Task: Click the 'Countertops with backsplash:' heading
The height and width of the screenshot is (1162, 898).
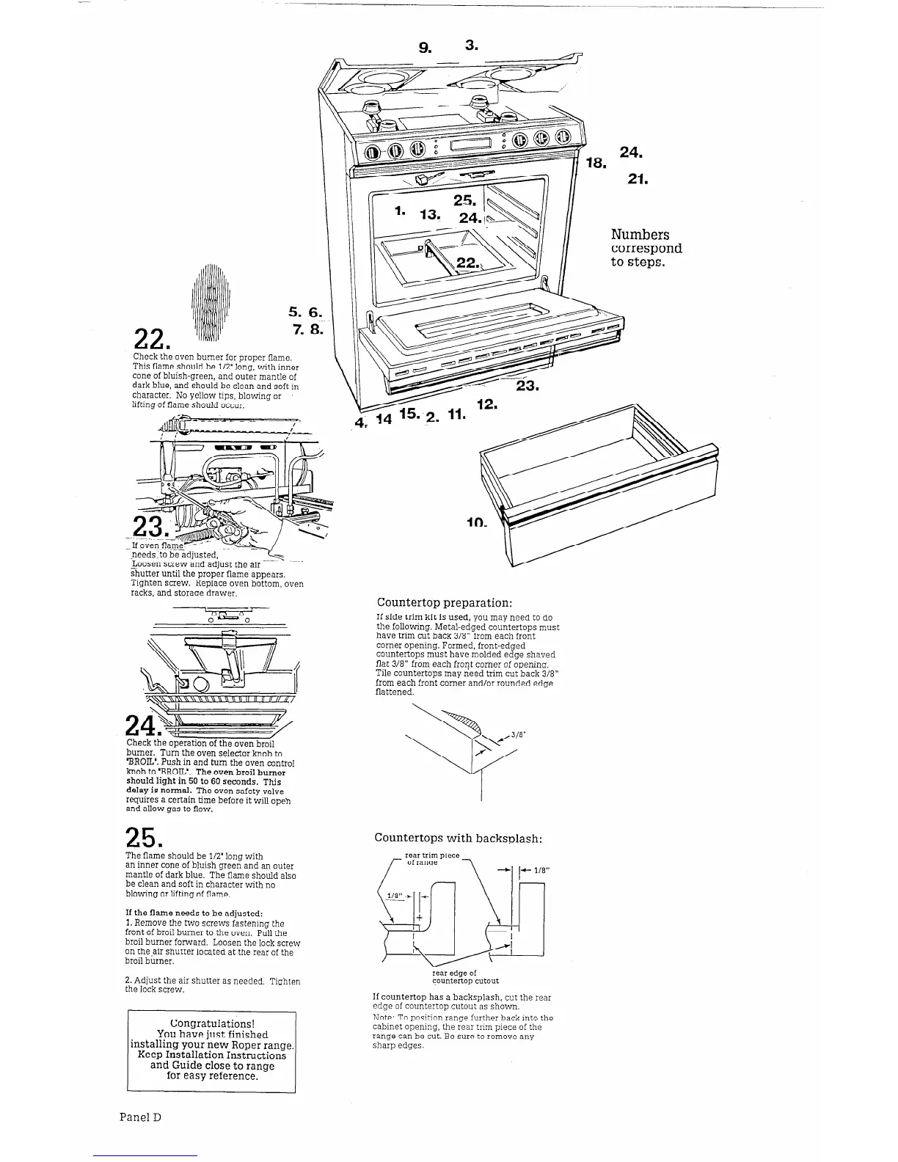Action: click(x=458, y=838)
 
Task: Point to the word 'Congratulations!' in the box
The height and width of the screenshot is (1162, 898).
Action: click(x=212, y=1023)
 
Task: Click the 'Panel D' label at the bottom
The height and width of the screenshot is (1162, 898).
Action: click(x=140, y=1117)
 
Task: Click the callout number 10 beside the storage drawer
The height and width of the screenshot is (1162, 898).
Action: click(x=477, y=524)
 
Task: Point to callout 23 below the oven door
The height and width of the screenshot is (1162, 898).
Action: click(x=528, y=387)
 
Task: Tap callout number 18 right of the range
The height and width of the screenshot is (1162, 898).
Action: click(x=594, y=163)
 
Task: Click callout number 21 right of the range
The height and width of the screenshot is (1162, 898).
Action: click(x=638, y=179)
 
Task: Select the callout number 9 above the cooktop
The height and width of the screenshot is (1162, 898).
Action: click(x=425, y=48)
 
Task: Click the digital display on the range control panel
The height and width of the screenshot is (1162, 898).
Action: click(x=470, y=145)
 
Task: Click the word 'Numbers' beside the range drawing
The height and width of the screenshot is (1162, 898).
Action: click(x=640, y=235)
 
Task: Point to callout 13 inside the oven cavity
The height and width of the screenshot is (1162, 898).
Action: click(x=429, y=214)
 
